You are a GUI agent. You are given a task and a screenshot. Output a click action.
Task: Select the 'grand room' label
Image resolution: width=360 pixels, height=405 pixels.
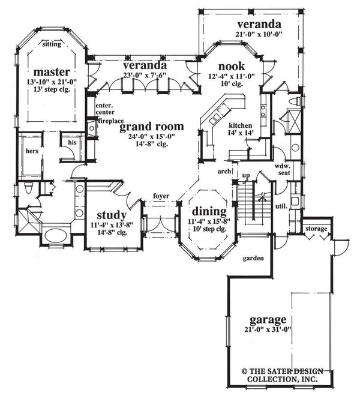coord(151,127)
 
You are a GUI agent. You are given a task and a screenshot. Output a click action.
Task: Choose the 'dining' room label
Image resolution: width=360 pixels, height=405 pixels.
coord(208,211)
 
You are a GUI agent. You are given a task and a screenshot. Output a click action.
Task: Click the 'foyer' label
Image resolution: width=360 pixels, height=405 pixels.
coord(161,196)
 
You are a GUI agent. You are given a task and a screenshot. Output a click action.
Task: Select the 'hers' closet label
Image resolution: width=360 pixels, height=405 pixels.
coord(32,151)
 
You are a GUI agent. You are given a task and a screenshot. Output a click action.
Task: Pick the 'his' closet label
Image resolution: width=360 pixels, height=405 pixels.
coord(72,142)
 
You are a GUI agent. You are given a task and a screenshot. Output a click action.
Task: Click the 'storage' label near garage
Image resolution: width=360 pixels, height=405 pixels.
coord(316,229)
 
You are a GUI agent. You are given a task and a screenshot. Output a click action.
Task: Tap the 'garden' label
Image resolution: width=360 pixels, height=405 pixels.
coord(253,258)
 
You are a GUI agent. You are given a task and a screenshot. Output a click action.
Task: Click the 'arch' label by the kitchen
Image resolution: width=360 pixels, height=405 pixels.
coord(225,170)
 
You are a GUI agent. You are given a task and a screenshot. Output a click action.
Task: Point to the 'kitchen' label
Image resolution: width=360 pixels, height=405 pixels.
coord(240,126)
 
